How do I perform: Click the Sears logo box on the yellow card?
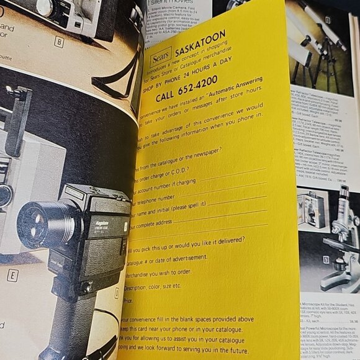[x=161, y=57]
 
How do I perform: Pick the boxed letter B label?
[x=59, y=42]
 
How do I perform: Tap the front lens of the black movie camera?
[x=37, y=222]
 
